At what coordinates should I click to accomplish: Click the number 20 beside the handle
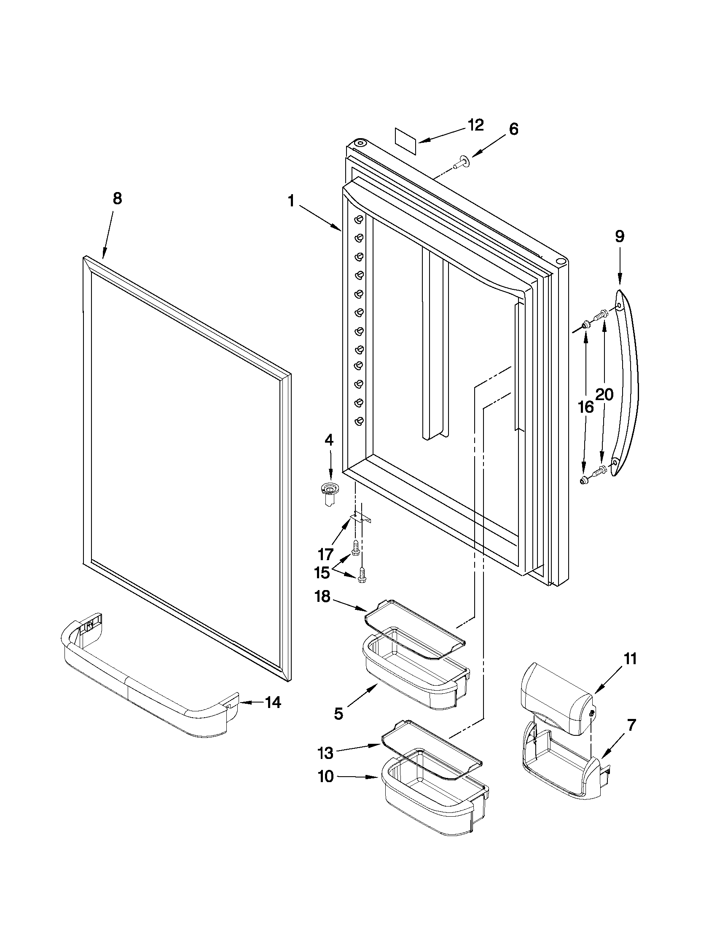(x=604, y=395)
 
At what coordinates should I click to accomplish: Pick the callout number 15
(x=322, y=573)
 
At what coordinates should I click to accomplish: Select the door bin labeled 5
(x=414, y=679)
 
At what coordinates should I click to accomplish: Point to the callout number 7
(x=631, y=725)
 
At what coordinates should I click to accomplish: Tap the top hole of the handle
(x=619, y=307)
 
